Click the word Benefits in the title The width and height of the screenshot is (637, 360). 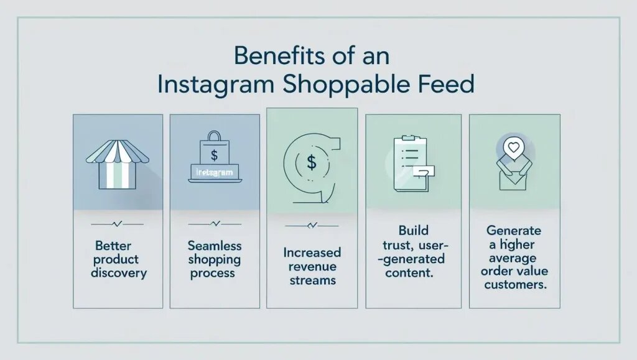coord(274,56)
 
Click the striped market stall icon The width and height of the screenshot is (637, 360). coord(117,163)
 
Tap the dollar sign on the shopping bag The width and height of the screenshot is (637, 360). coord(214,153)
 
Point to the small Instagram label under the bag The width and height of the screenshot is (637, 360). coord(214,172)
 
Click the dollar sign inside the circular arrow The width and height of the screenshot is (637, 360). coord(311,163)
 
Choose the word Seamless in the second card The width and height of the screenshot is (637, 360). coord(214,246)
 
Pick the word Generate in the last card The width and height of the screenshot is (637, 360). coord(514,231)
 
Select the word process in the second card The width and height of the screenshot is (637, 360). coord(214,273)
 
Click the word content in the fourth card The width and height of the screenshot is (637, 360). coord(409,272)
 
